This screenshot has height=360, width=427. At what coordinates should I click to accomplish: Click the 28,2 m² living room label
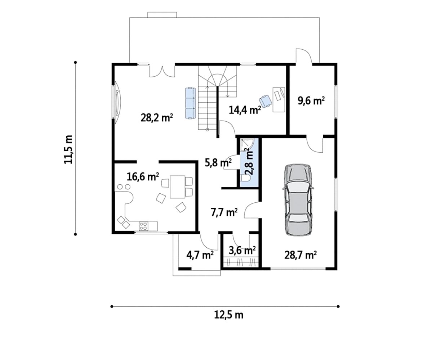(157, 118)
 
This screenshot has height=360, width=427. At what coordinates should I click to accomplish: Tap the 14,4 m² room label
(245, 110)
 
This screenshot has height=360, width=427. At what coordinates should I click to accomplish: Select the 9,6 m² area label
(311, 101)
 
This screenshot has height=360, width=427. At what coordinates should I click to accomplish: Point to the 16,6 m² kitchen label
(143, 177)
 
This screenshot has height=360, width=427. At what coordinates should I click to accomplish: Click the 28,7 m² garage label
(301, 255)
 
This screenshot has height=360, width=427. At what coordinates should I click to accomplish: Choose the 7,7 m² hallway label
(224, 212)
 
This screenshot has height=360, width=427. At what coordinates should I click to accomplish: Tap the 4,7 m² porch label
(200, 255)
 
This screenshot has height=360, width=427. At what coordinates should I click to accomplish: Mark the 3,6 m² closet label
(242, 250)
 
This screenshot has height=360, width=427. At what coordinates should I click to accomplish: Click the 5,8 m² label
(218, 163)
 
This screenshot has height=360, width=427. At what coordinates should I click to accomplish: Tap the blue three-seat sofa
(190, 103)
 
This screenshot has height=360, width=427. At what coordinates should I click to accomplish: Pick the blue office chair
(266, 101)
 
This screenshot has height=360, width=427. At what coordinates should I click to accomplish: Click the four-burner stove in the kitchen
(143, 226)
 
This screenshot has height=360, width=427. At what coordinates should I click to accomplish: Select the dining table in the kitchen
(177, 187)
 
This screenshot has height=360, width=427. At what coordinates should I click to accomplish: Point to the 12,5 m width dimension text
(229, 315)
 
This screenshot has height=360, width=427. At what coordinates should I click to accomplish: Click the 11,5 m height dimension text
(68, 149)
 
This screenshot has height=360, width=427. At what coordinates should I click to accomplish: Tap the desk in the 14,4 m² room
(279, 99)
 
